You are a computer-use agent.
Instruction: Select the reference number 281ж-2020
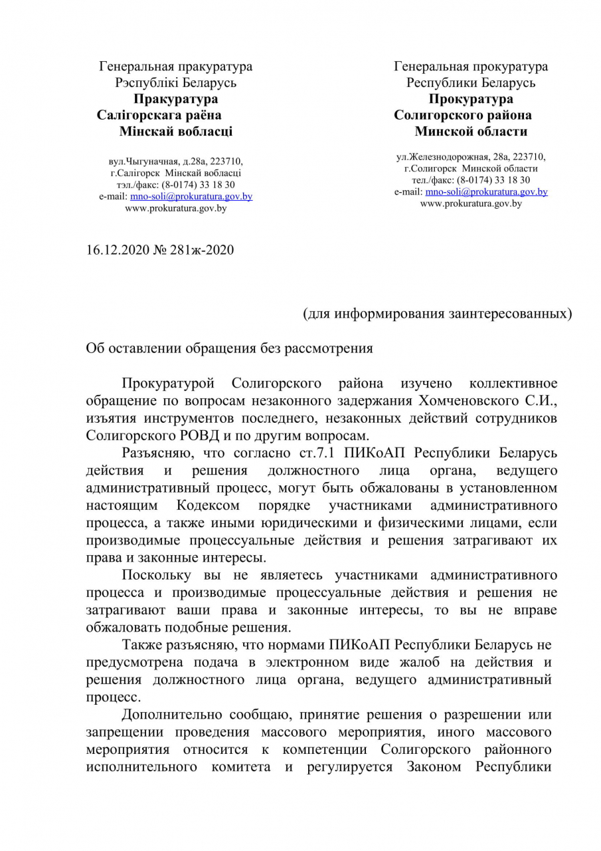pyautogui.click(x=204, y=250)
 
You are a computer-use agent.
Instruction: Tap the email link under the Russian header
pyautogui.click(x=486, y=191)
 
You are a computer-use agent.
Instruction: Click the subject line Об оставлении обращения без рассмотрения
pyautogui.click(x=229, y=348)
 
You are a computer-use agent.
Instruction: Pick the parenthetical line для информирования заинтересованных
pyautogui.click(x=437, y=313)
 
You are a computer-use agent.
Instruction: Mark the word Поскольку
pyautogui.click(x=157, y=575)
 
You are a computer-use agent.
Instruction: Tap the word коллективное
pyautogui.click(x=513, y=384)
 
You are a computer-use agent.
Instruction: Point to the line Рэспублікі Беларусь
pyautogui.click(x=175, y=82)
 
